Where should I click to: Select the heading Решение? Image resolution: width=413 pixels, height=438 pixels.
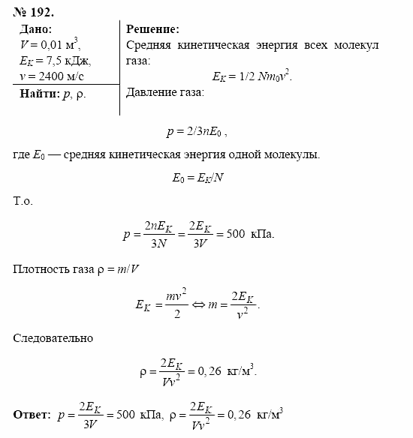pyautogui.click(x=152, y=29)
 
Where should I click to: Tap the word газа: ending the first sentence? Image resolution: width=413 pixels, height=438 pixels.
pyautogui.click(x=137, y=60)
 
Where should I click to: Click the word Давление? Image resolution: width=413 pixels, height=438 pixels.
pyautogui.click(x=152, y=93)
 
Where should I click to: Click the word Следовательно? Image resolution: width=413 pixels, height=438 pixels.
pyautogui.click(x=53, y=338)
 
